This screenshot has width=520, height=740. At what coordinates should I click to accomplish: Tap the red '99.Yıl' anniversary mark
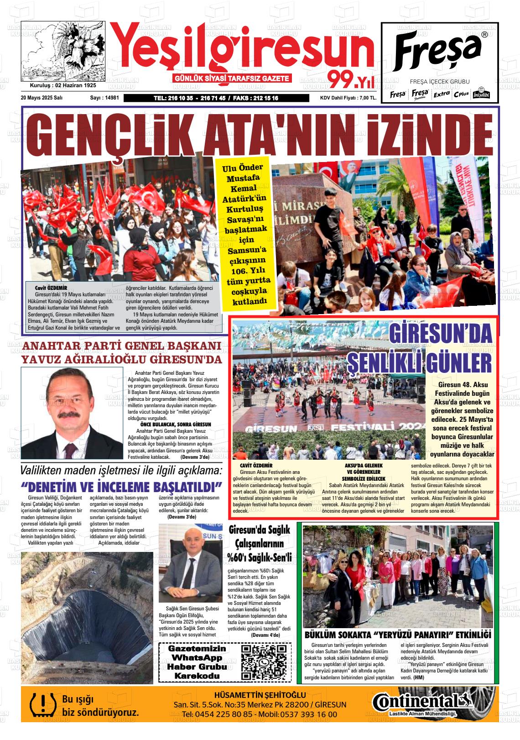(351, 81)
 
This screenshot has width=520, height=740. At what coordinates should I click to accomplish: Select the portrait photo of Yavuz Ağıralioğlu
(72, 413)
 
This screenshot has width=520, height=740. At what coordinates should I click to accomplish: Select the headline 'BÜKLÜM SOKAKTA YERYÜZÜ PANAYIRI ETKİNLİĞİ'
(397, 635)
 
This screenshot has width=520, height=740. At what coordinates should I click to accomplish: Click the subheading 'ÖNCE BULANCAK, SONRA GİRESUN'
(176, 424)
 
